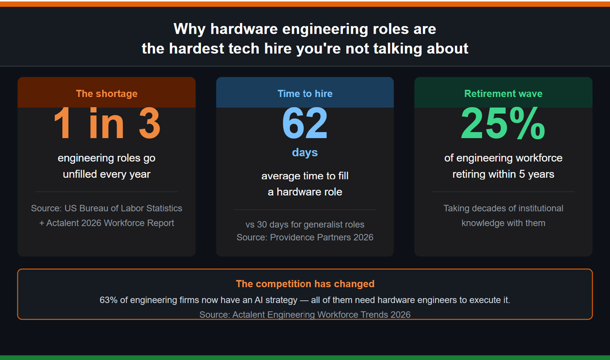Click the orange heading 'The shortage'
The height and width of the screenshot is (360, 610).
[x=106, y=94]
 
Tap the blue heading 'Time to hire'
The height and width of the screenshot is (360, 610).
[x=305, y=94]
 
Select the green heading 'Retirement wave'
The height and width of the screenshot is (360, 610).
[x=503, y=94]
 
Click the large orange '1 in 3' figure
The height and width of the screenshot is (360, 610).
[x=106, y=124]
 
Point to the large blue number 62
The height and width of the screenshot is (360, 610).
[x=305, y=124]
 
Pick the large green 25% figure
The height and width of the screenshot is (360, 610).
[x=503, y=124]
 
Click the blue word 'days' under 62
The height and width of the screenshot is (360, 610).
[x=305, y=153]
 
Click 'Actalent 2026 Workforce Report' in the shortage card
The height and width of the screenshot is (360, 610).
[x=110, y=223]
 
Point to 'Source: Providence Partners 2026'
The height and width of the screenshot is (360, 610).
[x=305, y=237]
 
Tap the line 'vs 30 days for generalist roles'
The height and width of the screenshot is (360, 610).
[x=305, y=225]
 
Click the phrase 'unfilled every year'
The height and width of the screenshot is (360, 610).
[x=106, y=174]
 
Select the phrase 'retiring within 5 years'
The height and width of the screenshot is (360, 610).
[x=503, y=174]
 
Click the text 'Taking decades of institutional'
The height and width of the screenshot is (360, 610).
[x=503, y=208]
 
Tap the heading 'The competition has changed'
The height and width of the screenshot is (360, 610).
[x=305, y=284]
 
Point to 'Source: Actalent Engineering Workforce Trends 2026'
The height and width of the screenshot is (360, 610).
[x=305, y=315]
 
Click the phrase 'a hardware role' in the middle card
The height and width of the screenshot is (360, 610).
[x=305, y=192]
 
